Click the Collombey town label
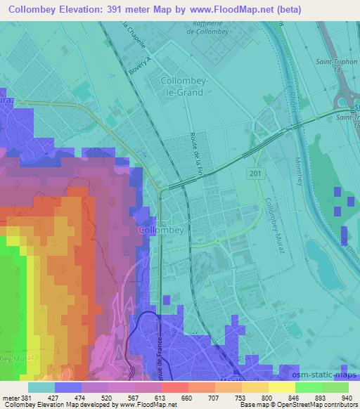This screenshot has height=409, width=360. coord(161,230)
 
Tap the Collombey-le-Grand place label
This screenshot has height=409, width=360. coord(184,86)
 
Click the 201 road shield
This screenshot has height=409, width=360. coord(254,172)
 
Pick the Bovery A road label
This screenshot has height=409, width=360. coord(141,68)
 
